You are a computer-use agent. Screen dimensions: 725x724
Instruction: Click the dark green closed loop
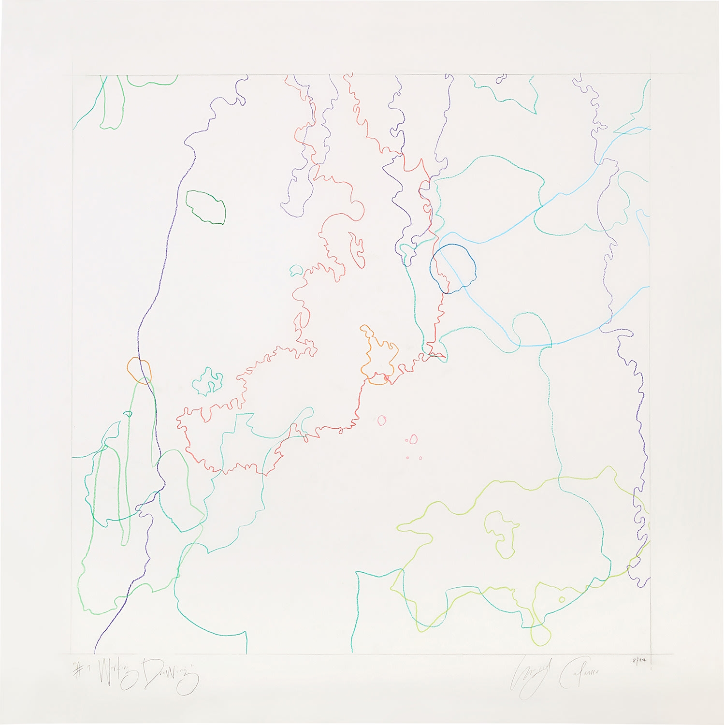tap(206, 207)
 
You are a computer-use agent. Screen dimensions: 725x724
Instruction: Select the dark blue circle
tap(453, 269)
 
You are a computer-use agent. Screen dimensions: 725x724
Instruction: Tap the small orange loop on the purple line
tap(140, 371)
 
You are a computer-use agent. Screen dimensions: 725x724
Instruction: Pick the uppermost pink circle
tap(382, 420)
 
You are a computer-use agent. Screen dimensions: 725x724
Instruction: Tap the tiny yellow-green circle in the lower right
tap(562, 600)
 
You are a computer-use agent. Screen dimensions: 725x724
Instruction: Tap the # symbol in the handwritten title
tap(77, 671)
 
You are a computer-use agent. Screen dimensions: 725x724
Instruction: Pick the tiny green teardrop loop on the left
tap(128, 414)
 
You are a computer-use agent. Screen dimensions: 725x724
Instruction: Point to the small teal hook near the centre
tap(295, 270)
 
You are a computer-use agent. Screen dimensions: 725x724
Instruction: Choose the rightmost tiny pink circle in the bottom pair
tap(420, 458)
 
